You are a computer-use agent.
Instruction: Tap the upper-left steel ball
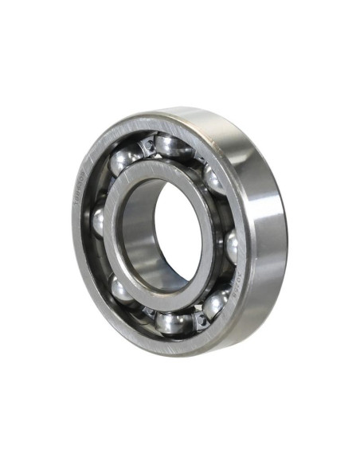click(x=126, y=161)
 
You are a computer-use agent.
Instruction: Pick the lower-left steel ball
click(x=122, y=288)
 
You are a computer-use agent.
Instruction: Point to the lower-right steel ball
click(x=215, y=303)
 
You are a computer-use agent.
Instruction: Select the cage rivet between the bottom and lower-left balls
click(x=147, y=312)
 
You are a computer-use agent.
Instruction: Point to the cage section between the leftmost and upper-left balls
click(x=108, y=189)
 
